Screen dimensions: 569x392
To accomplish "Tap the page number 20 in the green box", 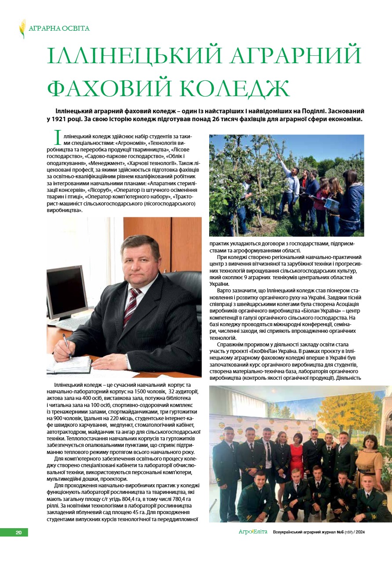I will pos(18,533).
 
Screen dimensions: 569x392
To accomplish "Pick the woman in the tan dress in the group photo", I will pos(368,457).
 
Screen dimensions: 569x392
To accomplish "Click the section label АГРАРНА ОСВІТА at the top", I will pos(59,29).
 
